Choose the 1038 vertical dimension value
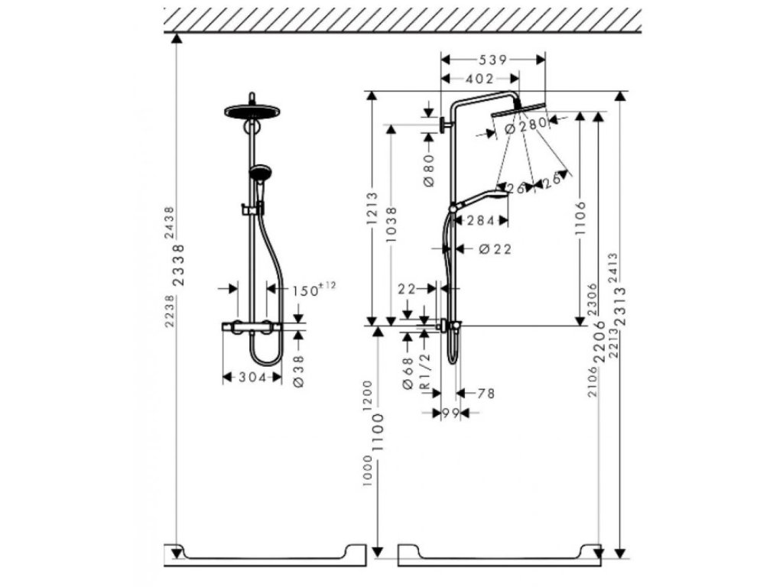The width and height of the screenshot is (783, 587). pos(391,225)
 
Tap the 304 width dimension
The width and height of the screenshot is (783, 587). pos(249,377)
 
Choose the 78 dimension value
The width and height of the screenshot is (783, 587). pos(486,394)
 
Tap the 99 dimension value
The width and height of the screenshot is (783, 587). pos(450,413)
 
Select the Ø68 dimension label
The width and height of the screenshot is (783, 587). pos(408,372)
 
